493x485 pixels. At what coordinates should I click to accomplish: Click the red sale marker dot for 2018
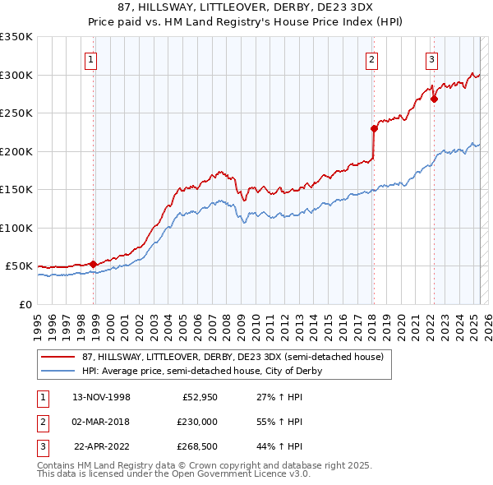(373, 128)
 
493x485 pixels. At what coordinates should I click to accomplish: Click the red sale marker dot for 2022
(434, 99)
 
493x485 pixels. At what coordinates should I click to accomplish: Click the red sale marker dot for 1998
(93, 264)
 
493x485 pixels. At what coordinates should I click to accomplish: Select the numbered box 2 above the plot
(372, 59)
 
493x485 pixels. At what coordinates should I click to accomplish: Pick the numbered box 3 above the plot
(431, 59)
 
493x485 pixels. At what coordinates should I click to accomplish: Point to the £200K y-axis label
(16, 151)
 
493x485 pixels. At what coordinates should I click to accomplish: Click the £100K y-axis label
(16, 228)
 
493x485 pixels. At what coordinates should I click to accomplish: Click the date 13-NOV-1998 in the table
(102, 397)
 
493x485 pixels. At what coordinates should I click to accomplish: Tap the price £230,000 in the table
(196, 422)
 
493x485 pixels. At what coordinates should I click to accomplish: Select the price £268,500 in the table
(196, 446)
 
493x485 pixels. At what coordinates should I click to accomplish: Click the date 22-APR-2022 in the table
(102, 446)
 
